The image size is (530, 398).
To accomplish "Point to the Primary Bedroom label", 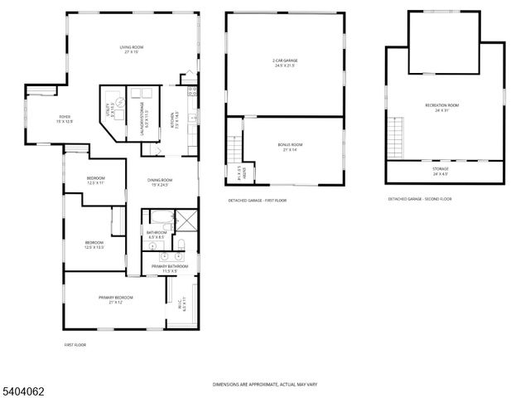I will [116, 299].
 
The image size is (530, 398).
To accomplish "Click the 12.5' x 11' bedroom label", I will [96, 181].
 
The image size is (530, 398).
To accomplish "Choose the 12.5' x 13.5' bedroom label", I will [93, 245].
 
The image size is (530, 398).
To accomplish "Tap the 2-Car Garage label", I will [286, 63].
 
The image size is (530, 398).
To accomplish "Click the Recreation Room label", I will [442, 107].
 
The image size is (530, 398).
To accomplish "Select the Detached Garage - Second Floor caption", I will [420, 200].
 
